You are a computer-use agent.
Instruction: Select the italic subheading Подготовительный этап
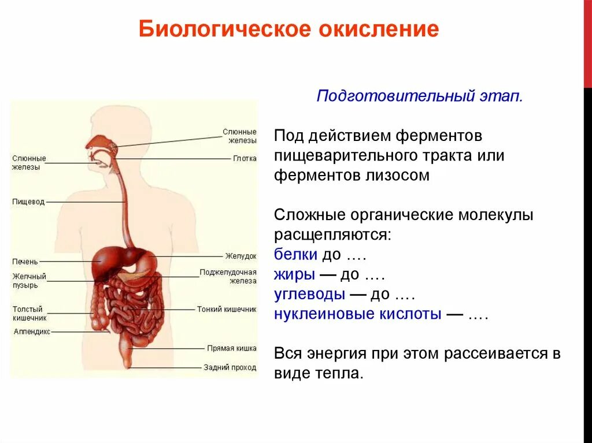(x=420, y=96)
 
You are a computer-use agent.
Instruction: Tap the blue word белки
(x=295, y=255)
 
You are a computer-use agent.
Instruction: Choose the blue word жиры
(x=295, y=274)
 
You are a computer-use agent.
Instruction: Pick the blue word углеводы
(x=310, y=295)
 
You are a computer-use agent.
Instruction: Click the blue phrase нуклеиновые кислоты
(x=358, y=314)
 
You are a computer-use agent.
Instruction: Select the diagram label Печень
(x=25, y=262)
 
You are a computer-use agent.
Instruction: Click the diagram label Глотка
(x=245, y=158)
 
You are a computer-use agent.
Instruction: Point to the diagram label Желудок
(x=240, y=256)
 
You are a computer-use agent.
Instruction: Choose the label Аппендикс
(x=32, y=332)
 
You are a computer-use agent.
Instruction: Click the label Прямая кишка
(x=231, y=348)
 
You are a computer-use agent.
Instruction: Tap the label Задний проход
(x=230, y=367)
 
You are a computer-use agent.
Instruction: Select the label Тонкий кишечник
(x=226, y=309)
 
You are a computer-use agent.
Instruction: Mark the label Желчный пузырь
(x=29, y=281)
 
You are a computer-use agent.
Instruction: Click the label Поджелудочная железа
(x=228, y=276)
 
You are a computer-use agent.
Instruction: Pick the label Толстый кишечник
(x=29, y=314)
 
